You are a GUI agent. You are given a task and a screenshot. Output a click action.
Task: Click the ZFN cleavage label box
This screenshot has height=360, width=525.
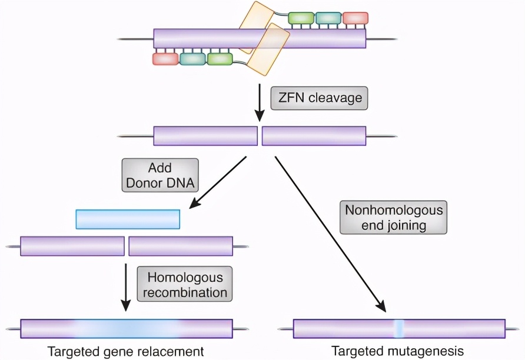(318, 98)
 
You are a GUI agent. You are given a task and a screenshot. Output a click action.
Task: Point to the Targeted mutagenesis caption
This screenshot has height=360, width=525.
(398, 352)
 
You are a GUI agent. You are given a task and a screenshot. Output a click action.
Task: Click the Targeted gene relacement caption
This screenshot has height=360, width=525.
(125, 352)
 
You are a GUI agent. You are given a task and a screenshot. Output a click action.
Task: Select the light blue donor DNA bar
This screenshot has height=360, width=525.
(128, 219)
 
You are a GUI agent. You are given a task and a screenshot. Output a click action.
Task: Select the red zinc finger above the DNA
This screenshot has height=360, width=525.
(355, 18)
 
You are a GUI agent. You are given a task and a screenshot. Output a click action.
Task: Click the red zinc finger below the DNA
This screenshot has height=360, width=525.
(165, 59)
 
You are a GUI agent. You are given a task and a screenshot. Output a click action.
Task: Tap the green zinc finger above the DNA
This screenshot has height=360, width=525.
(301, 18)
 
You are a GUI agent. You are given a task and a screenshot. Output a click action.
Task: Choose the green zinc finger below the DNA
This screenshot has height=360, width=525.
(220, 59)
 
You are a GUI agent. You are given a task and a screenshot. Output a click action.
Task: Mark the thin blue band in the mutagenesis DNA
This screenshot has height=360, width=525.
(398, 328)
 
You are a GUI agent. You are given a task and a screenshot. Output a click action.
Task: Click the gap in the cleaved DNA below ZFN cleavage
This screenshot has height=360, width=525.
(260, 136)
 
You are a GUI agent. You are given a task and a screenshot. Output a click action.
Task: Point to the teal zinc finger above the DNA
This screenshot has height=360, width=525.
(328, 18)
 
